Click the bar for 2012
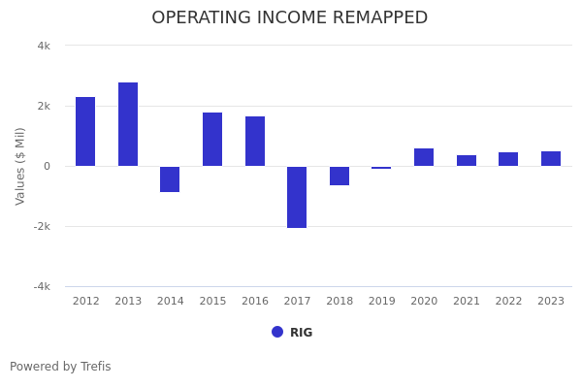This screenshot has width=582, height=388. coord(85,131)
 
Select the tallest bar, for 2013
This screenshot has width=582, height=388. coord(128,124)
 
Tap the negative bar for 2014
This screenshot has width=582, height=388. coord(170,179)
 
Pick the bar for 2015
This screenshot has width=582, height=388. coord(212,139)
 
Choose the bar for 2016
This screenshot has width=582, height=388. coord(255,141)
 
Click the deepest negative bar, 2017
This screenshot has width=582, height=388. coord(297,197)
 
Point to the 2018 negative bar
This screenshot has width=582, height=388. coord(339,176)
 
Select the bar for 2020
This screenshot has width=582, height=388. coord(424,157)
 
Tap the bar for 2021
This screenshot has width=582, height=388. coord(467,160)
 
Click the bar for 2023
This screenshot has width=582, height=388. coord(551,158)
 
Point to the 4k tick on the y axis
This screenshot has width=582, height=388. coord(44,46)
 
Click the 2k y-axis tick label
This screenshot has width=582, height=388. coord(44,106)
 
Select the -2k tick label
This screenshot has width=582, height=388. coord(42,226)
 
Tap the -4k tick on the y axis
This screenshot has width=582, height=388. coord(42,286)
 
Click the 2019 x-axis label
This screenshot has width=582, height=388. coord(381,302)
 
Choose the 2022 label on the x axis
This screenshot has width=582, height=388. coord(508,302)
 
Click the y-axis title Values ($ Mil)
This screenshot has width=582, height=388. coord(20,166)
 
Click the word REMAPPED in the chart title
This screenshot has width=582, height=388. coord(374,18)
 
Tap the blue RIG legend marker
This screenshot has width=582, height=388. coord(277,332)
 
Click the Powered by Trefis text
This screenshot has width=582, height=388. coord(60,367)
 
